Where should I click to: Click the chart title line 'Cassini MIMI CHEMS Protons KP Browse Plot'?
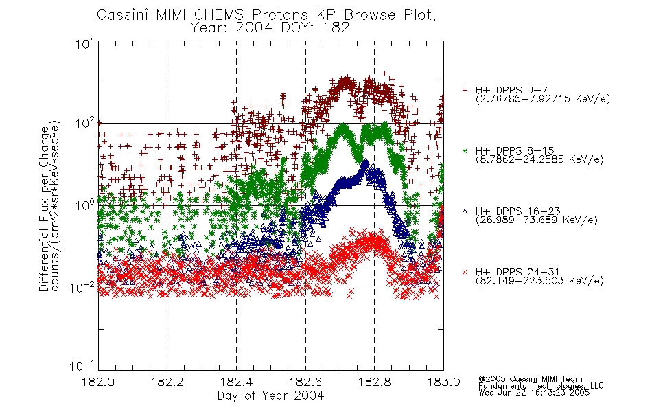266,15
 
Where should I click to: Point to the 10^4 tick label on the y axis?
85,43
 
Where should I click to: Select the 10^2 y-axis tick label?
85,123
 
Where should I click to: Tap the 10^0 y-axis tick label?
85,205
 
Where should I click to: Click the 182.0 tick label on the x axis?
98,382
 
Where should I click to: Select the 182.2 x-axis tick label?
167,382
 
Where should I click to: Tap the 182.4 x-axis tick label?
236,382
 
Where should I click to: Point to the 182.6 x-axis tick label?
305,382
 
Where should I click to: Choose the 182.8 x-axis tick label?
374,382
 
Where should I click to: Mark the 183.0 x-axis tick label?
443,382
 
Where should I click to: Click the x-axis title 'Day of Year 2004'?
270,396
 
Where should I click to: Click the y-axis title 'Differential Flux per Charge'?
44,209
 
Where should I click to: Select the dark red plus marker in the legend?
465,90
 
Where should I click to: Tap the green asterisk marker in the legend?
465,151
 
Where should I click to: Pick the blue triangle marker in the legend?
465,211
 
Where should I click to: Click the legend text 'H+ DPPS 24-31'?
517,272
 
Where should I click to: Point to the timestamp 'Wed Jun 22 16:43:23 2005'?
534,393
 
